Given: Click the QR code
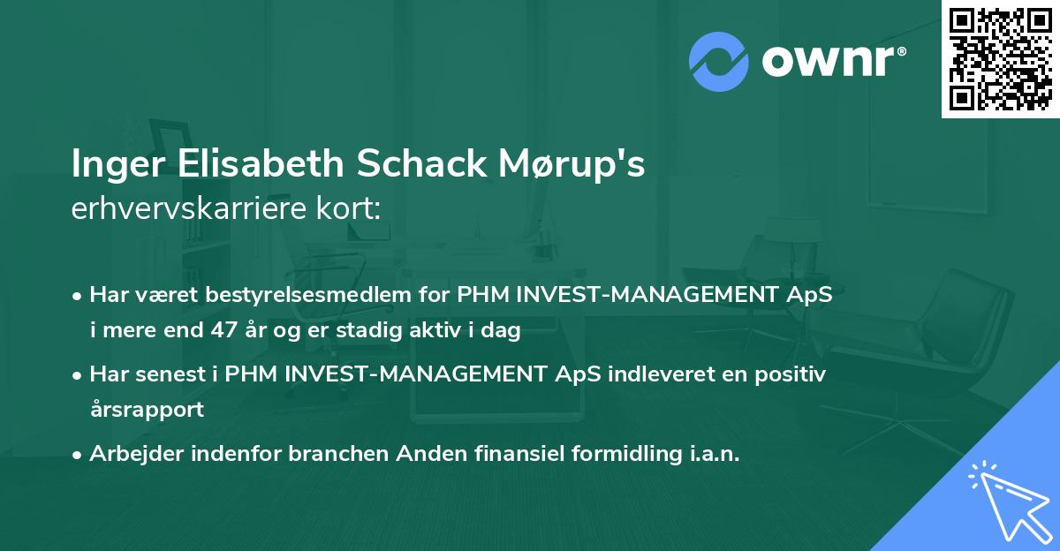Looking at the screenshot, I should [x=1001, y=59].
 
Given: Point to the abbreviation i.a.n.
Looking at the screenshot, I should [x=711, y=454].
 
